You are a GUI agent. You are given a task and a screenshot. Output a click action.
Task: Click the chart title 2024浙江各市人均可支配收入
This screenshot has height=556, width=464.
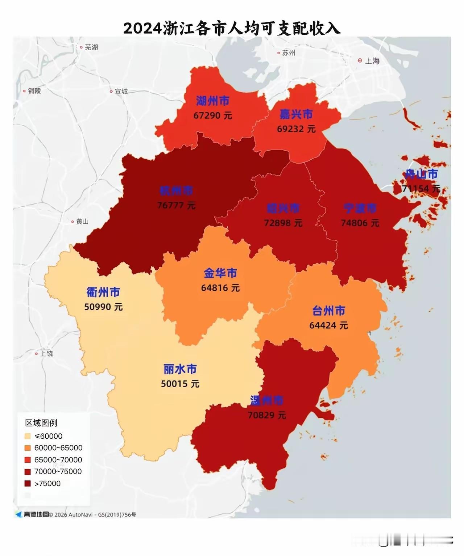pos(232,28)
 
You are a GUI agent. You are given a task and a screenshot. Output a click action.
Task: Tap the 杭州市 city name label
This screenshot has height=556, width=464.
pos(177,191)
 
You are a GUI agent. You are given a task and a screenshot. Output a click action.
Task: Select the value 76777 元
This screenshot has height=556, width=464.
pos(177,206)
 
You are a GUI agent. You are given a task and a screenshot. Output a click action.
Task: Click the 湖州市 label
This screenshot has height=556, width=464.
pos(213,101)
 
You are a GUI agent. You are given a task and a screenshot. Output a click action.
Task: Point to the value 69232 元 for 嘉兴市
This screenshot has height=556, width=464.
pos(296,129)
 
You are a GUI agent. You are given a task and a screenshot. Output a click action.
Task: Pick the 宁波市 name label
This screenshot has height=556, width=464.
pos(360,208)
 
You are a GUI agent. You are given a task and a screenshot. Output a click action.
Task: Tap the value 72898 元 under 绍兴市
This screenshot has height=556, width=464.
pos(283,223)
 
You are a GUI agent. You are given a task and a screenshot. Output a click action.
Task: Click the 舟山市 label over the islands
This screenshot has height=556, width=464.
pos(421,174)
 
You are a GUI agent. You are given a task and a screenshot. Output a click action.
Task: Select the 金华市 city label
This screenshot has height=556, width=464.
pos(220,273)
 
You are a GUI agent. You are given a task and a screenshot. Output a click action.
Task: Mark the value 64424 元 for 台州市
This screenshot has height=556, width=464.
pos(328,325)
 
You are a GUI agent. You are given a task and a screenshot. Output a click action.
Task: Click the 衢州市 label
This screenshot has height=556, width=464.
pos(103,292)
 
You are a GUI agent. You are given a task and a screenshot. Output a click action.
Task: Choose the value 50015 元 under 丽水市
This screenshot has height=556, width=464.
pos(180,384)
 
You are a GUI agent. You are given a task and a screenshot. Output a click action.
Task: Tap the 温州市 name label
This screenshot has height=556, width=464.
pos(267,400)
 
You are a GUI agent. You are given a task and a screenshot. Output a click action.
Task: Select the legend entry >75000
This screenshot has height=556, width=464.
pos(47,484)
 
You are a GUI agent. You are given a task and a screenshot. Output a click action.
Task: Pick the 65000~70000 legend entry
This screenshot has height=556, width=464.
pos(58,460)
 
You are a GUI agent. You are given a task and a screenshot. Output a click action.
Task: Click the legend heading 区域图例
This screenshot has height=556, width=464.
pos(41,423)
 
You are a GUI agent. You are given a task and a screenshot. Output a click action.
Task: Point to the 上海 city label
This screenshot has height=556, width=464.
pos(372,61)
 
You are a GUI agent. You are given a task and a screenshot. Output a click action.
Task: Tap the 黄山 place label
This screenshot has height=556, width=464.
pos(82,222)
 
